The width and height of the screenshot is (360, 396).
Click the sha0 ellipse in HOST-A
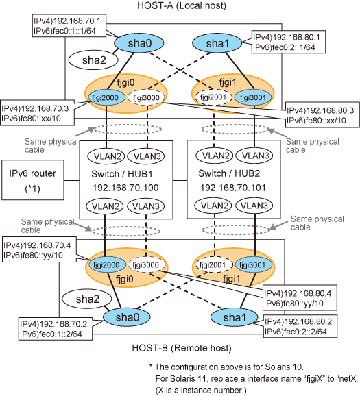[139, 43]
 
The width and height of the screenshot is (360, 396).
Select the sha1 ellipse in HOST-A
[217, 43]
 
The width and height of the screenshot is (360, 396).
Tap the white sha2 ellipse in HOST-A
[93, 60]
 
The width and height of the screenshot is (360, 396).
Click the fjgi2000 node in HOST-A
[106, 97]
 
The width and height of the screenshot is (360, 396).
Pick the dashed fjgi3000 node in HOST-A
[147, 97]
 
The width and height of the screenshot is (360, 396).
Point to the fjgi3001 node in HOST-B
[254, 265]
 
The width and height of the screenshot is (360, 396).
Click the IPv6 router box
[33, 180]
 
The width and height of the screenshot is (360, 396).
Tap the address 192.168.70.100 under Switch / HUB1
[125, 188]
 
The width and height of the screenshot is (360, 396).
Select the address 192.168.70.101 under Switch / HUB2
[233, 188]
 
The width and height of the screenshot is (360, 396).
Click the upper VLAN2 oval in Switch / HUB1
[106, 156]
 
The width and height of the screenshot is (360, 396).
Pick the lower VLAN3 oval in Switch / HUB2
[254, 206]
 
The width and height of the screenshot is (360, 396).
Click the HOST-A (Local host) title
[182, 5]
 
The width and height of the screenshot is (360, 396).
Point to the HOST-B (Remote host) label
[182, 348]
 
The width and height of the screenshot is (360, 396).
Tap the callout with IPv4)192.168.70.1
[69, 25]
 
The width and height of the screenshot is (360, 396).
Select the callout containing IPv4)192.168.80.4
[300, 298]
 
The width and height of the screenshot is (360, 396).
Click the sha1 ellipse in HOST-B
[235, 317]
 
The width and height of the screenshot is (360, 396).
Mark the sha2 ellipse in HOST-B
[86, 299]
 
